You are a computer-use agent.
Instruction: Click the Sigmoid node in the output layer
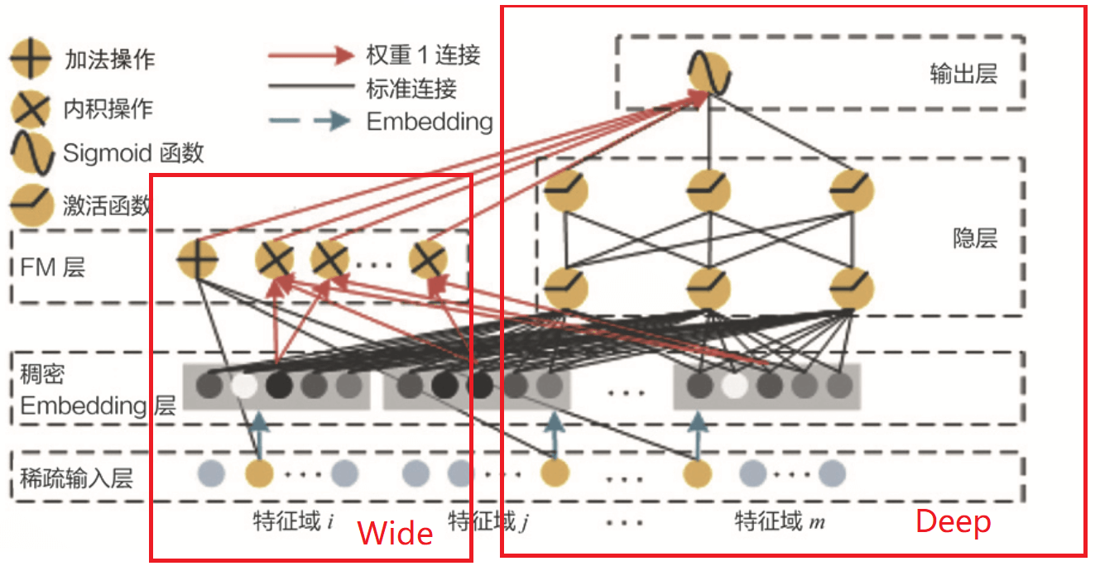coord(710,73)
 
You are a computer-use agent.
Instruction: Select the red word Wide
coord(395,533)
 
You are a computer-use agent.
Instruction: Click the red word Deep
coord(953,521)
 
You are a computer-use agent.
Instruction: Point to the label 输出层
coord(963,74)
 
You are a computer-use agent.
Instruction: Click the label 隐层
coord(975,238)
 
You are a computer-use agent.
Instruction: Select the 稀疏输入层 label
coord(76,477)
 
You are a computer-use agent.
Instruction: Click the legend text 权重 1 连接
coord(422,55)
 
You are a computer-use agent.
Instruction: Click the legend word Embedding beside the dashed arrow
coord(429,122)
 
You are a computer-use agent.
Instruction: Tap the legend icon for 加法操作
coord(30,60)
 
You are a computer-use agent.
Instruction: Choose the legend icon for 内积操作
coord(30,108)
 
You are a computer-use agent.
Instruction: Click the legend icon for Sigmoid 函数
coord(30,153)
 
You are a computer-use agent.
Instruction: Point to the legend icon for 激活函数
coord(30,201)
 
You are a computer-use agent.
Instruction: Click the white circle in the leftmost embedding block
coord(244,386)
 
